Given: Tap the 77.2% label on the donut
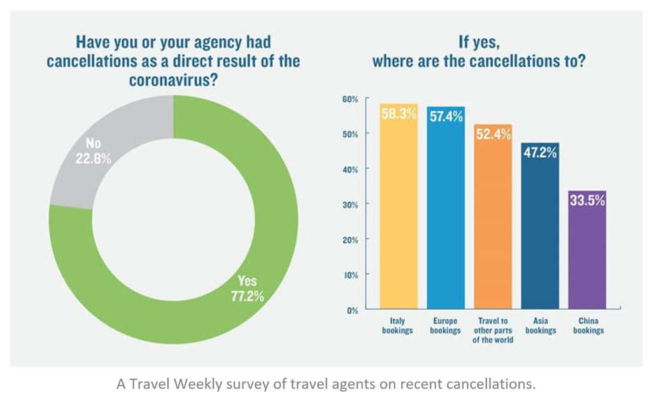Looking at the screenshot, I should pyautogui.click(x=246, y=296).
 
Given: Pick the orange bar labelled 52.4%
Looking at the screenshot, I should pyautogui.click(x=493, y=223).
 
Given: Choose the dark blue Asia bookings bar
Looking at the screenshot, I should pyautogui.click(x=540, y=235).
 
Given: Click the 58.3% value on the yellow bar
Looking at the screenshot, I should pyautogui.click(x=399, y=114).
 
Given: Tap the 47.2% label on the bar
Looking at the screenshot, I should pyautogui.click(x=540, y=153).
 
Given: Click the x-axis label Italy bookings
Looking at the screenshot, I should pyautogui.click(x=398, y=326).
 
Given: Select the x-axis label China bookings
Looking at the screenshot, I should pyautogui.click(x=587, y=326).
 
